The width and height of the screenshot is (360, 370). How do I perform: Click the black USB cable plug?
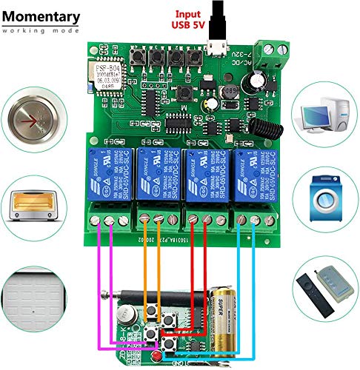(219, 18)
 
